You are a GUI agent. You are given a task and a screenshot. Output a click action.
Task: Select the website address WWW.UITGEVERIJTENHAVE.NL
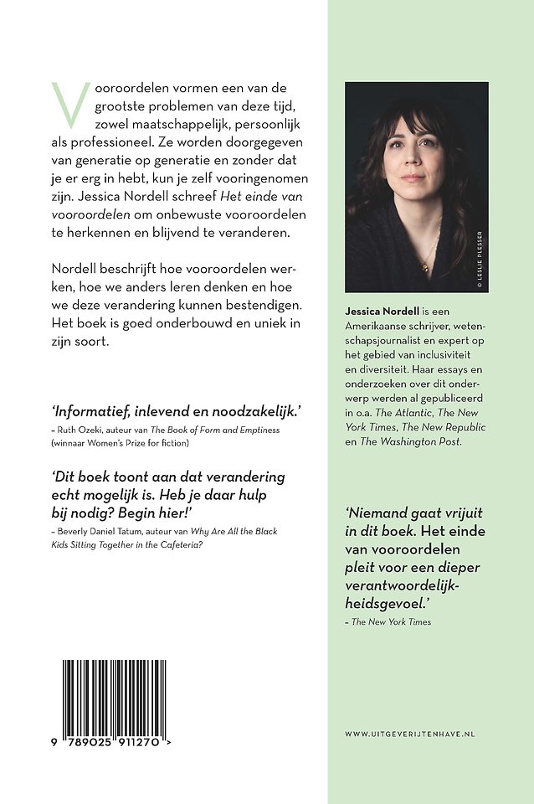click(409, 734)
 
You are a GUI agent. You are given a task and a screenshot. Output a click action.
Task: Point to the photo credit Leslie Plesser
click(480, 259)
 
